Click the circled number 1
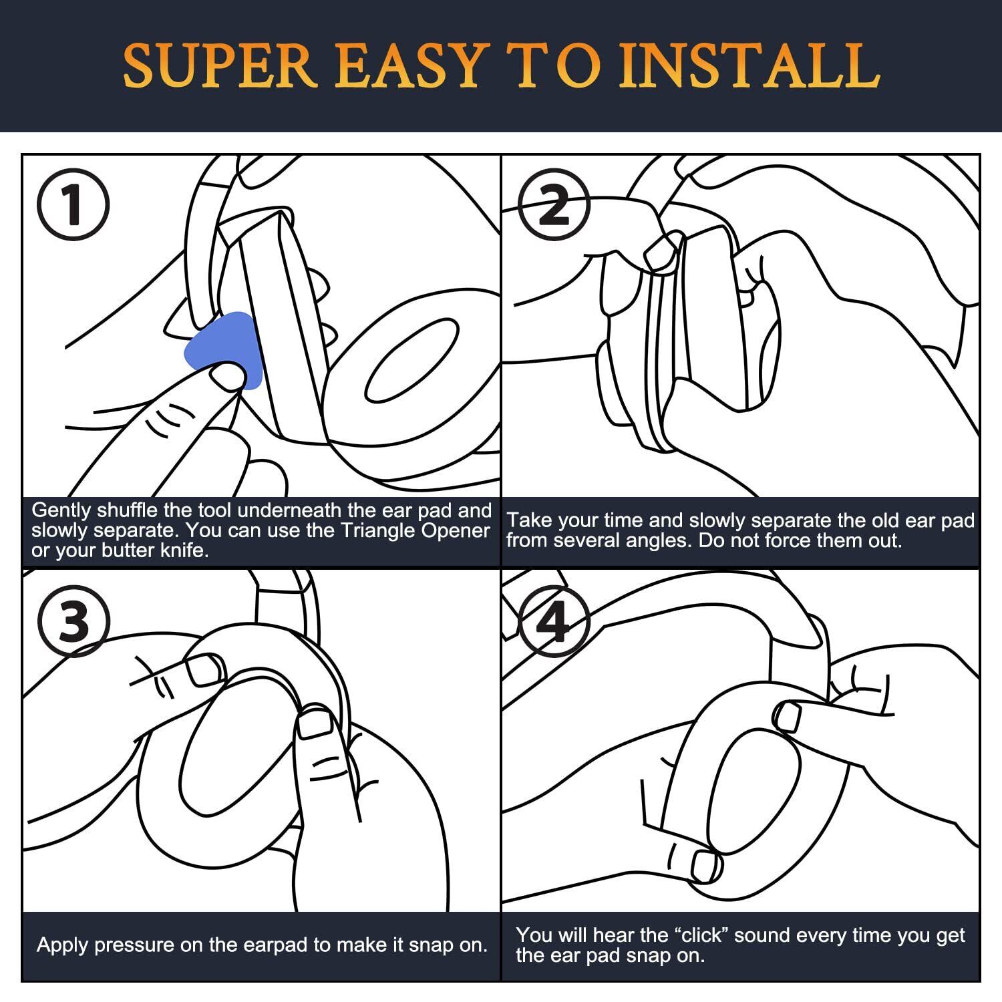coord(73,205)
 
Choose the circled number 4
coord(554,621)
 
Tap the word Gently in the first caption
coord(61,511)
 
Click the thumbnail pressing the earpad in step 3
coord(314,723)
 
